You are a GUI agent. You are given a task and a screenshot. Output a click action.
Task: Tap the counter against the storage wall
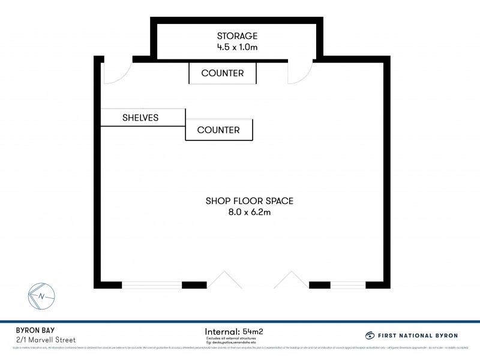223,73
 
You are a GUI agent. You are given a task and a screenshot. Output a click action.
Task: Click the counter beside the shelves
218,130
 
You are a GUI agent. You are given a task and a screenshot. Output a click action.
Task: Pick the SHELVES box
140,118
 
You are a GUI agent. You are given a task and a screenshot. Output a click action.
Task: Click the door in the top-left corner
116,72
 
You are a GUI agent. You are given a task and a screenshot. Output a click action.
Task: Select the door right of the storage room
299,72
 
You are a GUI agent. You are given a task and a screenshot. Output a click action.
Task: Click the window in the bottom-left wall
152,284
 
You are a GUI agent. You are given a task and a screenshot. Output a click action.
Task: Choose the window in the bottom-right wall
347,284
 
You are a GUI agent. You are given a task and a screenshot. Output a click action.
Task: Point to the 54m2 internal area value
254,331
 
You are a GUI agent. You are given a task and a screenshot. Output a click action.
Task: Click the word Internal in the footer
222,331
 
